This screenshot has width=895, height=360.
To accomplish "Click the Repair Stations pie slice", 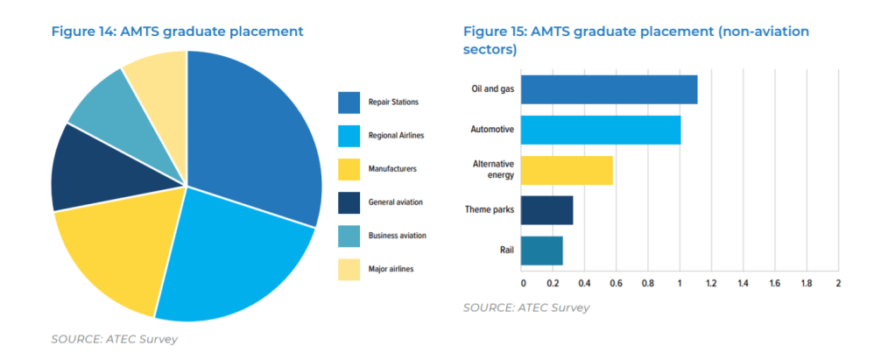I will (x=254, y=131).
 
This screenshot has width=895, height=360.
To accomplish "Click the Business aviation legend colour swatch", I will (x=349, y=236).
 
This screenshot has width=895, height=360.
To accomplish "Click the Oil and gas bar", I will (x=609, y=89).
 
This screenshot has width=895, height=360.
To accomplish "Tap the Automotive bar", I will (x=601, y=130).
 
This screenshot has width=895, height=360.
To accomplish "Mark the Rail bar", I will (x=541, y=251).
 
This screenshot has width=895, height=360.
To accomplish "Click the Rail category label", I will (x=506, y=251).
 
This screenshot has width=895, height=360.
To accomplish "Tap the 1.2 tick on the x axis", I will (x=711, y=283).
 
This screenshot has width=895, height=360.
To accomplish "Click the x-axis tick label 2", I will (x=837, y=283).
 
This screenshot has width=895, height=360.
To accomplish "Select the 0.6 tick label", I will (x=617, y=283).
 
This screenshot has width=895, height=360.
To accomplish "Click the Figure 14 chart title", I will (x=177, y=32).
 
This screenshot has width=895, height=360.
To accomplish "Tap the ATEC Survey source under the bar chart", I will (x=526, y=307).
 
